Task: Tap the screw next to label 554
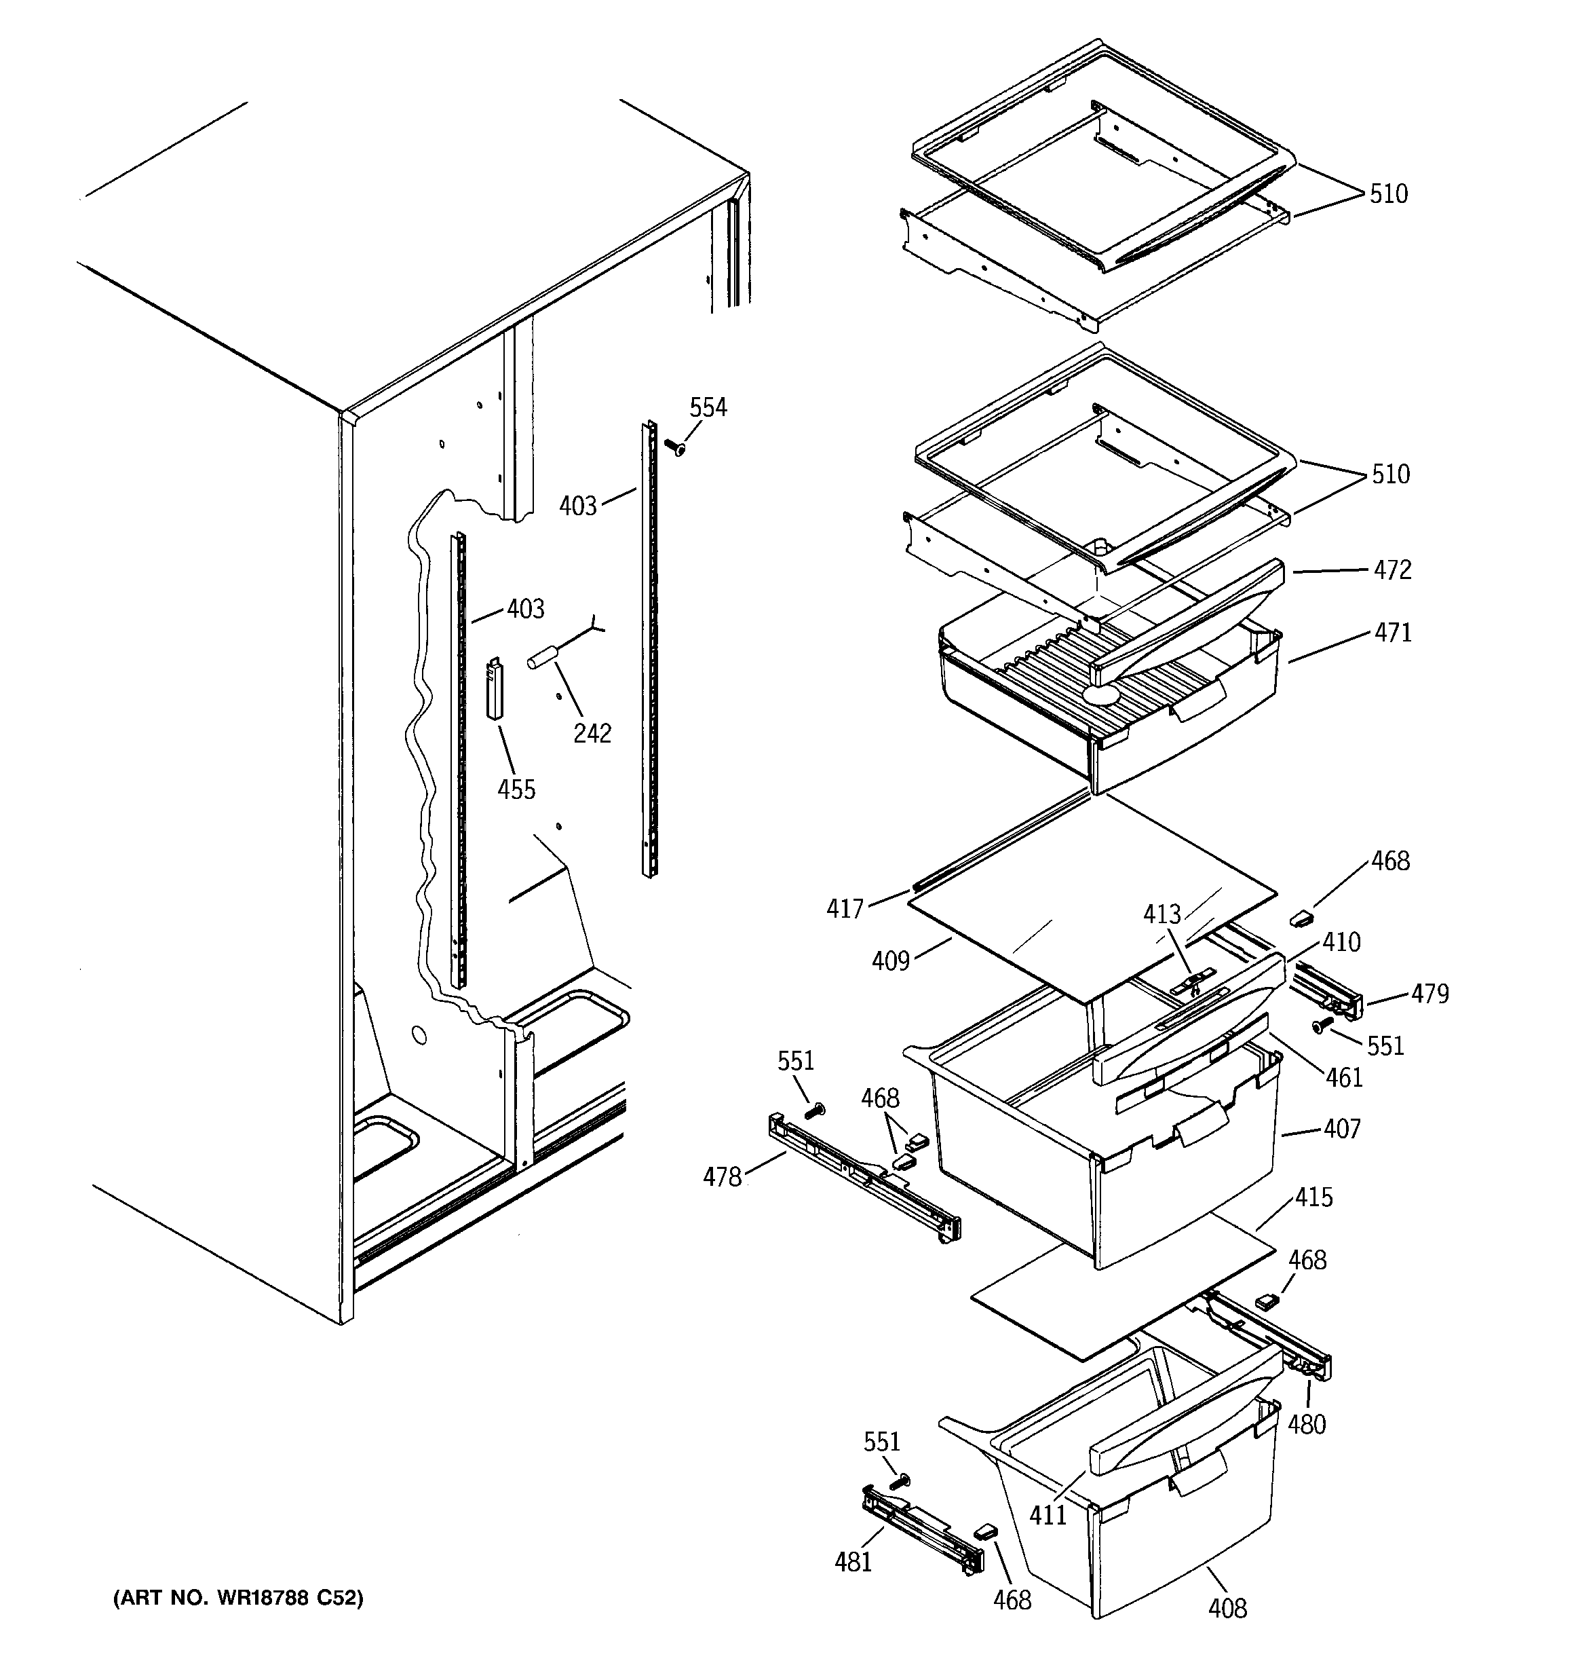674,447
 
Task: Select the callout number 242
592,732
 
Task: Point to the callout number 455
516,789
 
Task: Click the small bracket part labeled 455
495,690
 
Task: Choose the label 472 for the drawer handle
1391,570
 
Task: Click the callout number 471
1391,632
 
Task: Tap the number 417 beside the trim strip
845,910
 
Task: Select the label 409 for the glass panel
891,961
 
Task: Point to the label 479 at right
1429,994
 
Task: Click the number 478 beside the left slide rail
723,1176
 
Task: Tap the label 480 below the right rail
1306,1425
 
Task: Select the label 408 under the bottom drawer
1227,1607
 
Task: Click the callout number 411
1048,1515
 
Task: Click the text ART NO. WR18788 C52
238,1598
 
